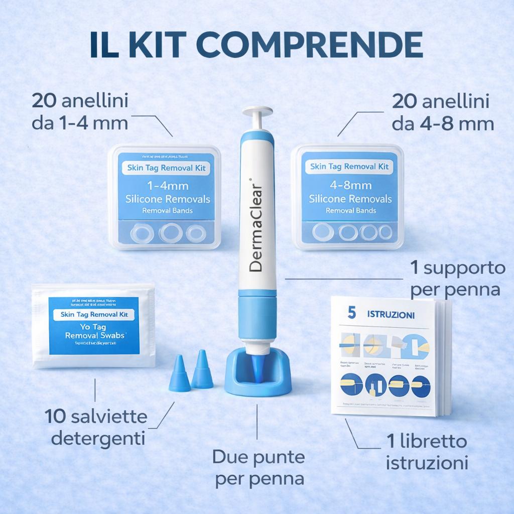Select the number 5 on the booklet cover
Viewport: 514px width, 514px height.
coord(351,314)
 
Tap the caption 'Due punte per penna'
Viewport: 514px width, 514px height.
coord(259,467)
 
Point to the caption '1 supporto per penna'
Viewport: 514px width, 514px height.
coord(457,279)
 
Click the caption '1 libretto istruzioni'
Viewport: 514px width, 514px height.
coord(427,452)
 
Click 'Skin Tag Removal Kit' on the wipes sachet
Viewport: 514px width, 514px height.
coord(94,315)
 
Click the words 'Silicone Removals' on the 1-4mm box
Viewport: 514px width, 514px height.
coord(168,199)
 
